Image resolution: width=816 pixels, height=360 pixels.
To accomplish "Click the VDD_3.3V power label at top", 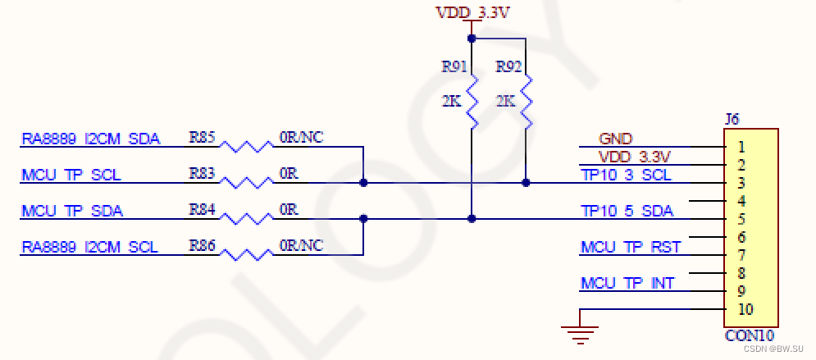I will pos(472,13).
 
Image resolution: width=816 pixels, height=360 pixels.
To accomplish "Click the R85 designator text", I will pos(202,137).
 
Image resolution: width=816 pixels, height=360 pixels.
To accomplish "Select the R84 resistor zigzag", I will pos(247,219).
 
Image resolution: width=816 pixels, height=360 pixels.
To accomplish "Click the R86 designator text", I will pos(202,244).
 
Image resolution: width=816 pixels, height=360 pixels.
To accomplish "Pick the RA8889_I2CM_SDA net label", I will pos(90,139).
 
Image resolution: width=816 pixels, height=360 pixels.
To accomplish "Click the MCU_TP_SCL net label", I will pos(71,175).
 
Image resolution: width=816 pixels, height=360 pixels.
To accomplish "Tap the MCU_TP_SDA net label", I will pos(71,211).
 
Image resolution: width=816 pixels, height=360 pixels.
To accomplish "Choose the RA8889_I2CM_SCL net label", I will pos(90,247).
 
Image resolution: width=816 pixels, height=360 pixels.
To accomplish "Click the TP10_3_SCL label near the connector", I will pos(626,175).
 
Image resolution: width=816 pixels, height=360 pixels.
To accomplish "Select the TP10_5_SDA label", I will pos(627,211).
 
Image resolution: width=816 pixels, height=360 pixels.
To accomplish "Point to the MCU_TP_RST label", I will pos(630,247).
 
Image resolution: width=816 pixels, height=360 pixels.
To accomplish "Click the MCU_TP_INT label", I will pos(627,283).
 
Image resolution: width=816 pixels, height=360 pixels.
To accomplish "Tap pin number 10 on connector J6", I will pos(745,309).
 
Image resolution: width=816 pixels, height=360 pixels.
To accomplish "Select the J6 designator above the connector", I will pos(732,120).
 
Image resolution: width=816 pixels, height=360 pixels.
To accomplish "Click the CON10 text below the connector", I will pos(748,336).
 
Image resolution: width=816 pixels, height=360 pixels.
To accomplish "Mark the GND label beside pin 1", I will pos(615,139).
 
